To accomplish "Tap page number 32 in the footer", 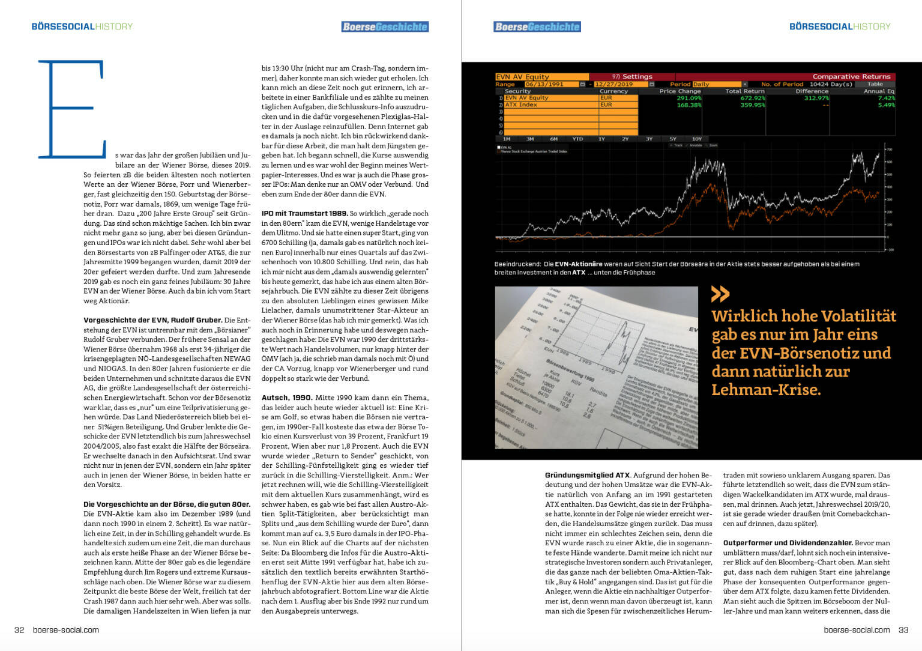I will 19,630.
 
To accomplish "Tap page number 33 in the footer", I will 903,630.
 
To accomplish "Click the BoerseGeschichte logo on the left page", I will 385,26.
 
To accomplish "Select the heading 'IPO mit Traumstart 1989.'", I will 304,213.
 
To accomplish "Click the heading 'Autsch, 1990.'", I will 286,398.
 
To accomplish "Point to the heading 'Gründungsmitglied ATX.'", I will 587,475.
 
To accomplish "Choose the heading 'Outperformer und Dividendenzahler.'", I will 788,543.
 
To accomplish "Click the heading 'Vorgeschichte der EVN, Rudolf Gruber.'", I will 152,320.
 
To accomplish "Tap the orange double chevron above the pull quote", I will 720,294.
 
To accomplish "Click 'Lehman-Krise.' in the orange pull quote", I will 765,390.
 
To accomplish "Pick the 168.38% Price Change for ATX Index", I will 688,105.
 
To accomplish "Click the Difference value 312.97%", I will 816,98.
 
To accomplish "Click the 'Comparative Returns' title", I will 851,77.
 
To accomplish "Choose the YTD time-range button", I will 577,139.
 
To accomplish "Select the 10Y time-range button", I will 696,139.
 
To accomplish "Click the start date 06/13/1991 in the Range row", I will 544,84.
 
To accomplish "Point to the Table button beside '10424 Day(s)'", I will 875,84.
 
